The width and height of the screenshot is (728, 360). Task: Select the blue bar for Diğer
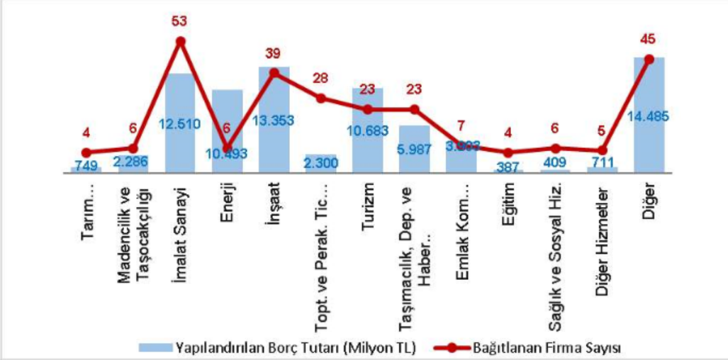(649, 142)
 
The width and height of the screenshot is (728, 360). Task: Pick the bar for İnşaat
(274, 142)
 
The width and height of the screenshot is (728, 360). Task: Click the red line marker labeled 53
(180, 41)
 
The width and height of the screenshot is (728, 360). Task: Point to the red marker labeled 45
(649, 59)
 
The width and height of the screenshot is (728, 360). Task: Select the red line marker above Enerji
(227, 149)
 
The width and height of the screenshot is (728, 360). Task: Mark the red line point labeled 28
(320, 98)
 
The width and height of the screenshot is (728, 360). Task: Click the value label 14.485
(649, 116)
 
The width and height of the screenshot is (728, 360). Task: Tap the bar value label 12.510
(180, 124)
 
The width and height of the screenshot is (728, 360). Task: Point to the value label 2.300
(320, 163)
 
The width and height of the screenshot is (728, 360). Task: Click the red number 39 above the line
(274, 53)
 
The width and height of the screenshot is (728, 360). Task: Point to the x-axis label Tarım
(86, 206)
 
